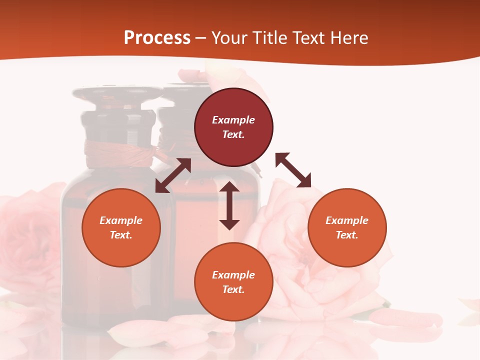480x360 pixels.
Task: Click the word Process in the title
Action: pyautogui.click(x=157, y=38)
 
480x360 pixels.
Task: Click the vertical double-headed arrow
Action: pyautogui.click(x=229, y=205)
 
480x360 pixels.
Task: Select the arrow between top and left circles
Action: pyautogui.click(x=173, y=175)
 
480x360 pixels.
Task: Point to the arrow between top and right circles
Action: pyautogui.click(x=293, y=170)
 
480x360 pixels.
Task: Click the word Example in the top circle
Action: pyautogui.click(x=233, y=120)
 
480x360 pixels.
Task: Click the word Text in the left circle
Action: pyautogui.click(x=121, y=235)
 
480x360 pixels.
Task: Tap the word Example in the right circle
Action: pyautogui.click(x=347, y=220)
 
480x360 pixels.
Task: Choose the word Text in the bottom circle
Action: pyautogui.click(x=233, y=289)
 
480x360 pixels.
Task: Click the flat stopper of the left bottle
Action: pyautogui.click(x=117, y=93)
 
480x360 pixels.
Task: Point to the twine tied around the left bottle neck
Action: pyautogui.click(x=119, y=152)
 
